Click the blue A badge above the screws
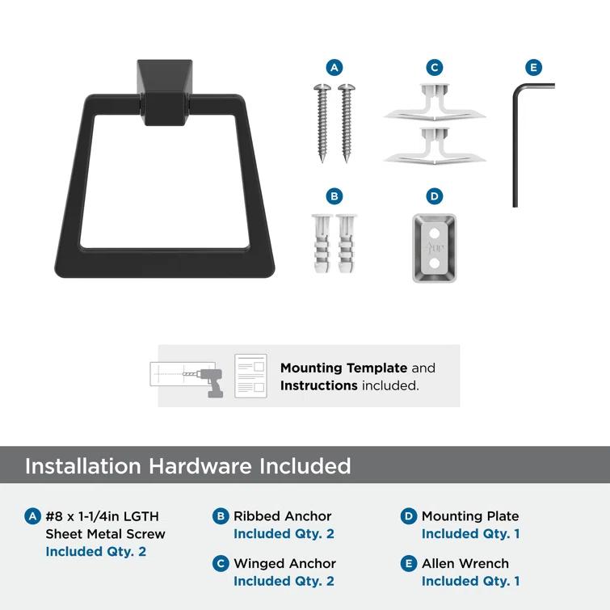334,68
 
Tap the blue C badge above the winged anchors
435,68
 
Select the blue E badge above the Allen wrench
533,68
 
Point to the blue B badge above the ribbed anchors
334,196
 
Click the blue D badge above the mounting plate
435,196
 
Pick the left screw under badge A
322,123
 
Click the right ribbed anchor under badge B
346,243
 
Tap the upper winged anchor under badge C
435,103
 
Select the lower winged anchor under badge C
435,146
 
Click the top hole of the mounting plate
434,233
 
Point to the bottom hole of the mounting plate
434,263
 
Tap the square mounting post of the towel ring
165,92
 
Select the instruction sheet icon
251,376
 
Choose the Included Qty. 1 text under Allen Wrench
471,581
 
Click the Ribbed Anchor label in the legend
283,515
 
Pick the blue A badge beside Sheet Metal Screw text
32,516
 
